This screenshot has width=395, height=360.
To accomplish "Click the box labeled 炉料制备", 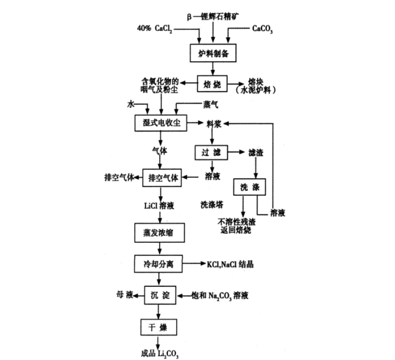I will (212, 53).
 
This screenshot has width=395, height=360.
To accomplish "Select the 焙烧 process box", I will (212, 84).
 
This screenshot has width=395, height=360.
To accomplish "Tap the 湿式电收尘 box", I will (161, 123).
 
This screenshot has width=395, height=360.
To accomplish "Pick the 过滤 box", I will (210, 153).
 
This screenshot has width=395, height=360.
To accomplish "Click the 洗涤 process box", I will (249, 188).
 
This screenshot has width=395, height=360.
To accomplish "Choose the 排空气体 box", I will (161, 178).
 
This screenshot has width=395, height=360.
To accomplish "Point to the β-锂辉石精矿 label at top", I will (212, 17).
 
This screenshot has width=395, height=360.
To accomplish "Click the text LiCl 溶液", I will (159, 206).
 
